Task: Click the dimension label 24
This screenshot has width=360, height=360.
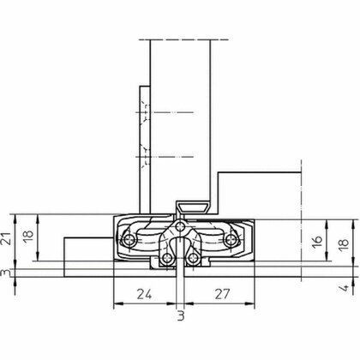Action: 144,294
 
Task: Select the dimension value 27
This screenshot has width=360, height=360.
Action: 222,294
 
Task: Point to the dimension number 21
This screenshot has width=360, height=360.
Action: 8,237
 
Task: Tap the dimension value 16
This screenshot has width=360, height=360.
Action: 318,241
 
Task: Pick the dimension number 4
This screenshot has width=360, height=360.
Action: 345,288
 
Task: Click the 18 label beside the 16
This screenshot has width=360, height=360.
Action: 344,243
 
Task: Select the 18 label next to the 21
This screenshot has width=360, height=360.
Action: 28,237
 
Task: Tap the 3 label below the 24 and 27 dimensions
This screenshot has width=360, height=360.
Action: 181,316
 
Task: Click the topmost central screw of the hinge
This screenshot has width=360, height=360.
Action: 180,227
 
